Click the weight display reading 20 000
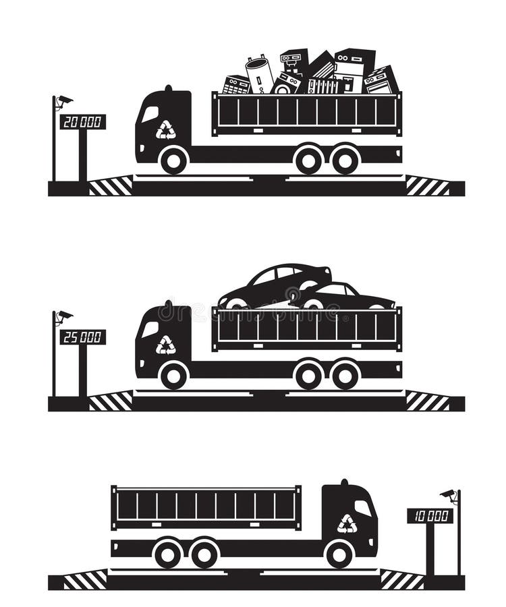click(x=82, y=122)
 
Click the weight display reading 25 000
click(x=82, y=337)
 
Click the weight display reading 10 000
click(x=430, y=516)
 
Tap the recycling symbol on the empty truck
click(x=347, y=524)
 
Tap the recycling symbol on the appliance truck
click(x=165, y=129)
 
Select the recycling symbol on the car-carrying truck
click(x=165, y=345)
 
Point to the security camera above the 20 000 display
click(x=64, y=101)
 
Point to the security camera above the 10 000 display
click(x=448, y=496)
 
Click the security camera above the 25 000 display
click(x=64, y=316)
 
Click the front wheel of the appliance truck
click(x=174, y=160)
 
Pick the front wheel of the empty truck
click(x=339, y=554)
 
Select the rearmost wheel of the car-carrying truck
click(x=345, y=375)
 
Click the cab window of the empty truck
click(x=363, y=508)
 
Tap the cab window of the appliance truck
click(x=150, y=114)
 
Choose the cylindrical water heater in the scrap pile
click(x=259, y=75)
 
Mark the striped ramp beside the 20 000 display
click(x=111, y=186)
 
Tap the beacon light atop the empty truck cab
click(x=344, y=482)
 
